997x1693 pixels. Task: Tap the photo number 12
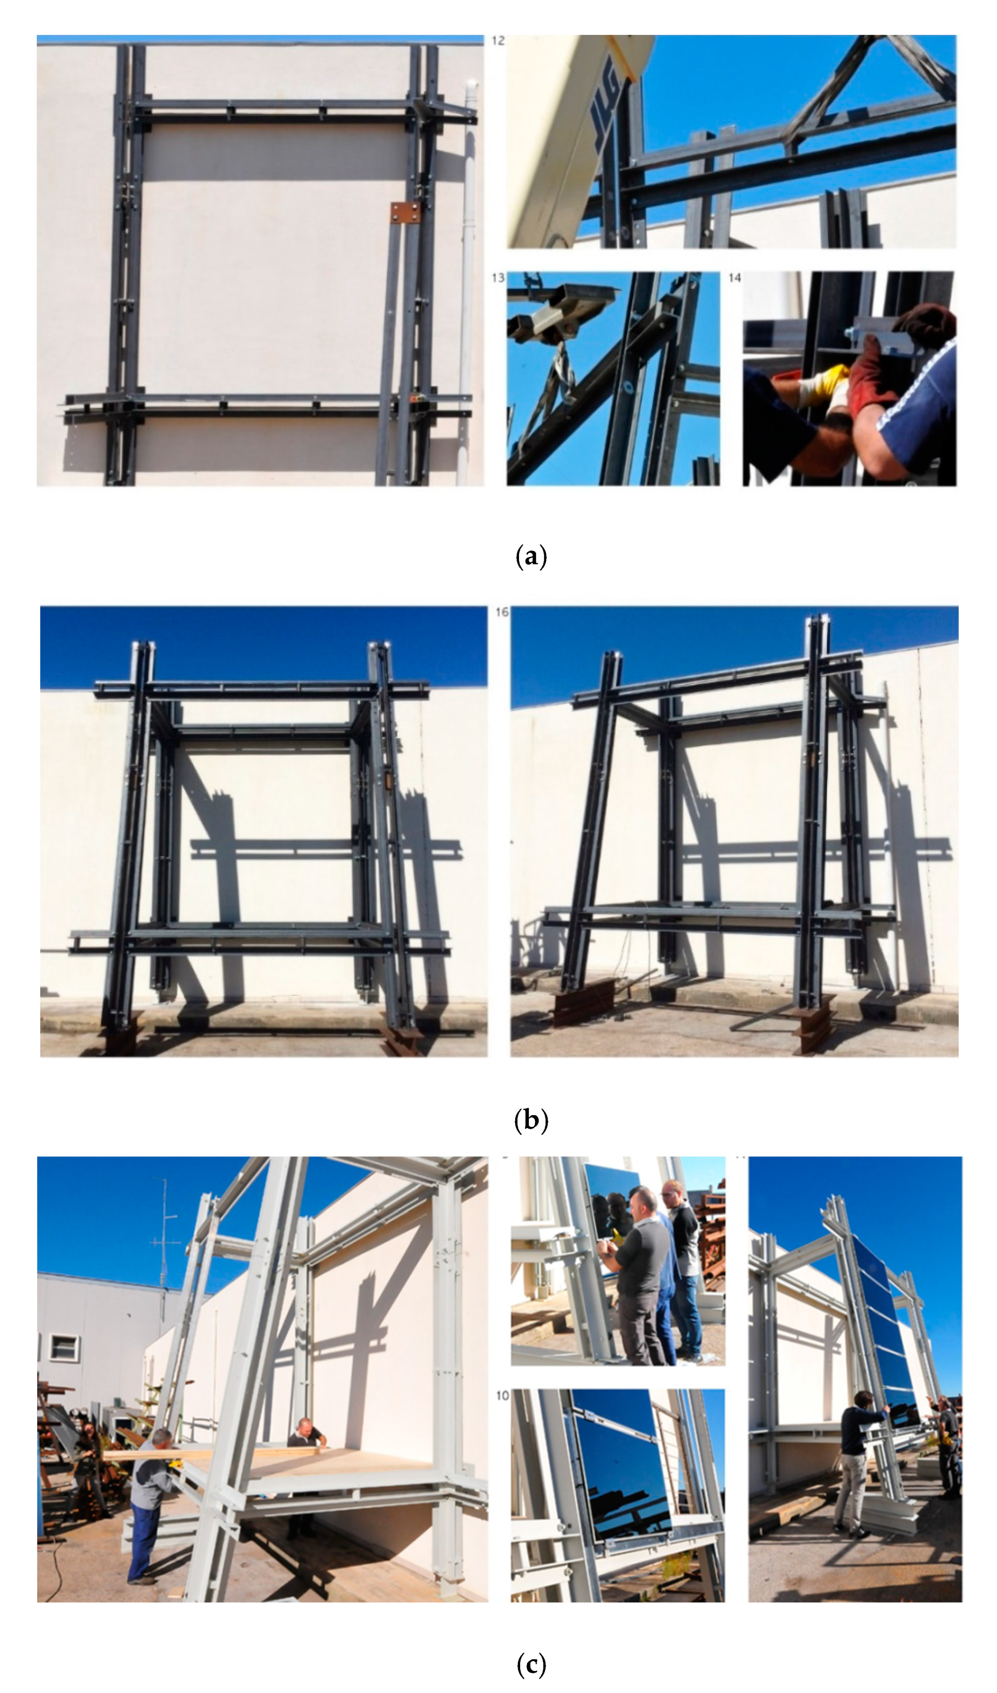498,41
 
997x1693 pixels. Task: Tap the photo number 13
498,277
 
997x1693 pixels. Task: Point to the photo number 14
734,277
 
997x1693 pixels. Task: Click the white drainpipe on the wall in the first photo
468,269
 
